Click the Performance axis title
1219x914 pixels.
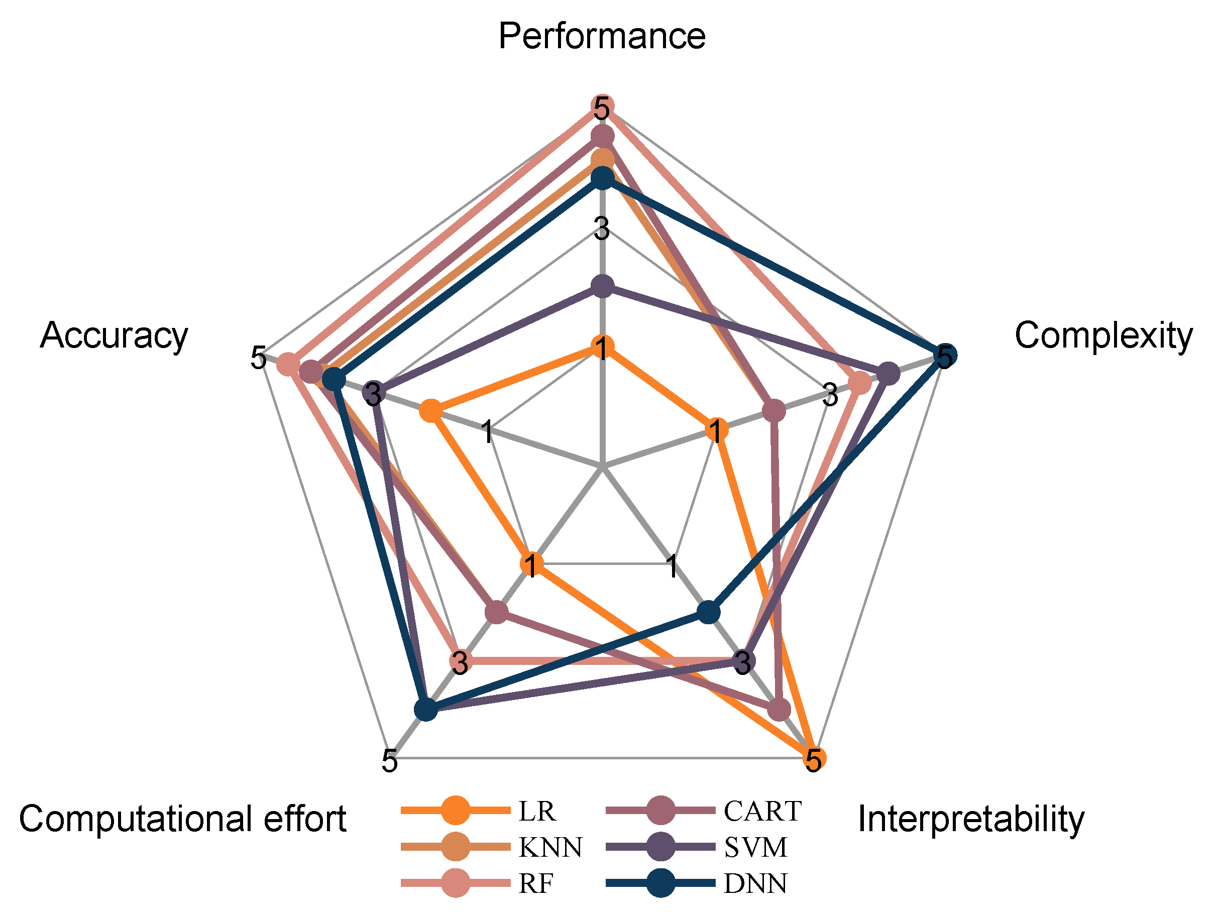(602, 36)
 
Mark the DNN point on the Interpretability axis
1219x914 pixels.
(709, 612)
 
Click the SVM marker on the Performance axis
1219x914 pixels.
(602, 286)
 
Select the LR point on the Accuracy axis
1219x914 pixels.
(431, 411)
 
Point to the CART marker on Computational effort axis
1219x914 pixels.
(497, 612)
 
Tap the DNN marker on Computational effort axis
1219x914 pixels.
(425, 710)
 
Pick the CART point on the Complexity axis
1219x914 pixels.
(774, 411)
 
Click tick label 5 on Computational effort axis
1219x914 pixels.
(390, 761)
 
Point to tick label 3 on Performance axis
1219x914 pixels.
(602, 228)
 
